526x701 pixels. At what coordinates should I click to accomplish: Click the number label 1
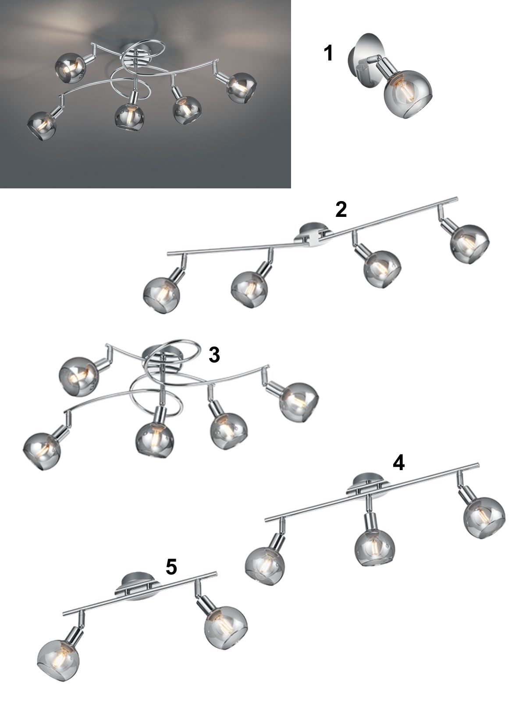328,53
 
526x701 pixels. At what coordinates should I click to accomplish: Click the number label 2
341,209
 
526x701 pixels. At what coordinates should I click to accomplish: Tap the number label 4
398,463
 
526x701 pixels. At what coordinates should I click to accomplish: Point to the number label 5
171,566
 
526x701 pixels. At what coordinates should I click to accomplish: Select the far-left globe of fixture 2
161,295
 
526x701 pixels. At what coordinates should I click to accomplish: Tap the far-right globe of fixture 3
299,402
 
